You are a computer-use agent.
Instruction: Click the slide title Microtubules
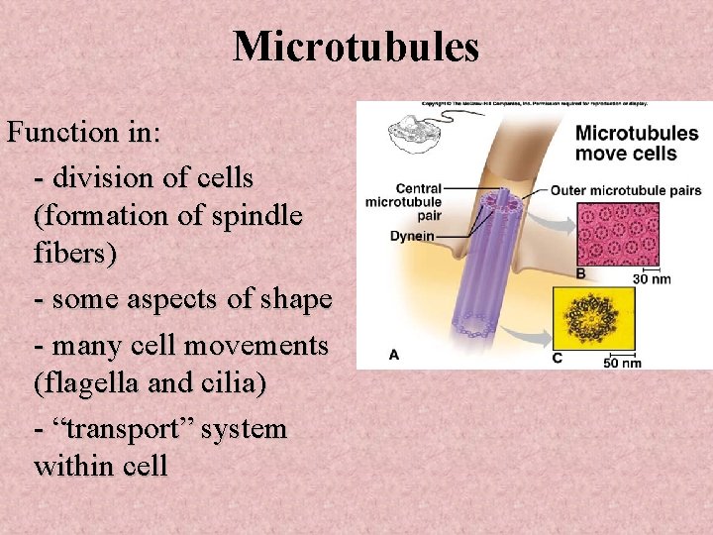tap(356, 47)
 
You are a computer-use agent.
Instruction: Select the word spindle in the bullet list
tap(259, 215)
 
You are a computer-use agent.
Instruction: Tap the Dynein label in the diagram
tap(412, 237)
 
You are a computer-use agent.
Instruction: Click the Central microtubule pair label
tap(403, 201)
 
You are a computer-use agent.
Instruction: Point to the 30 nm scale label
tap(651, 279)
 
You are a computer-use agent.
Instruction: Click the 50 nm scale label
tap(622, 363)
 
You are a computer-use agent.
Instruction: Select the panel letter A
tap(394, 354)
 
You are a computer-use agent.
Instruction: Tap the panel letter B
tap(580, 272)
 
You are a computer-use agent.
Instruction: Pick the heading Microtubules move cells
tap(636, 143)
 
